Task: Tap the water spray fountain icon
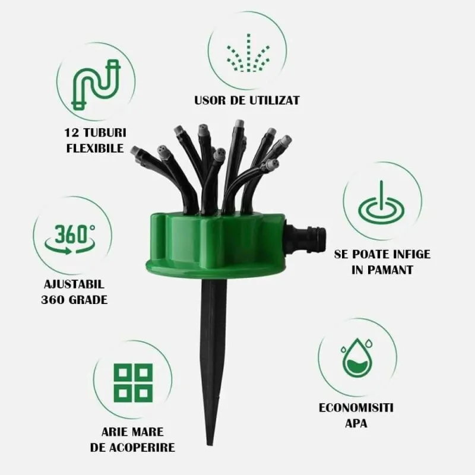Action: (x=248, y=53)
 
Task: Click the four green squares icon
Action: (x=133, y=383)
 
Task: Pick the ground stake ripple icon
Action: (x=381, y=209)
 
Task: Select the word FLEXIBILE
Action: (x=95, y=148)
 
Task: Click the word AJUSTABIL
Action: (x=74, y=284)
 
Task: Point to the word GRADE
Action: (x=88, y=300)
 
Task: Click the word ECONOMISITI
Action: (x=356, y=408)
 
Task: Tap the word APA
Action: (x=356, y=423)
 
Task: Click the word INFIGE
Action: (x=411, y=254)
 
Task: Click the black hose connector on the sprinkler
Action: (x=306, y=239)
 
